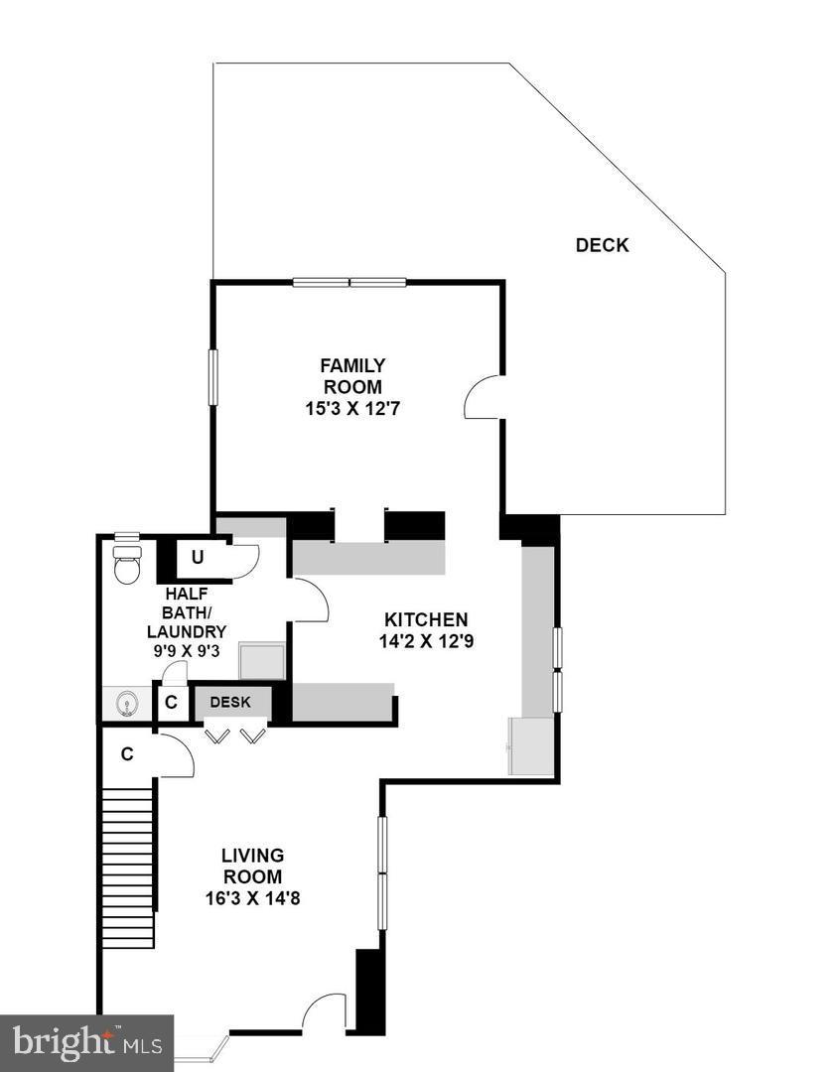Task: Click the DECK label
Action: tap(602, 245)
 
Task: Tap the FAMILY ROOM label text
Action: tap(351, 376)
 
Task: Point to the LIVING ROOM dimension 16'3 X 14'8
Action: tap(252, 899)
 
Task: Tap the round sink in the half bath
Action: tap(126, 704)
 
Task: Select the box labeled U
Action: tap(198, 557)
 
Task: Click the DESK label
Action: tap(230, 703)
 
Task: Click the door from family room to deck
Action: tap(483, 397)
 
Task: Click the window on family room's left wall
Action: tap(212, 376)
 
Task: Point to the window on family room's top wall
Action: tap(349, 282)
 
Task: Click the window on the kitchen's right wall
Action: tap(557, 670)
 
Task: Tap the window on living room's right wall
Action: tap(382, 872)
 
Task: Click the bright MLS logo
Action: tap(86, 1042)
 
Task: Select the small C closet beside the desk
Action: tap(171, 703)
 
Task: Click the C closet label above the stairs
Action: tap(127, 753)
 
